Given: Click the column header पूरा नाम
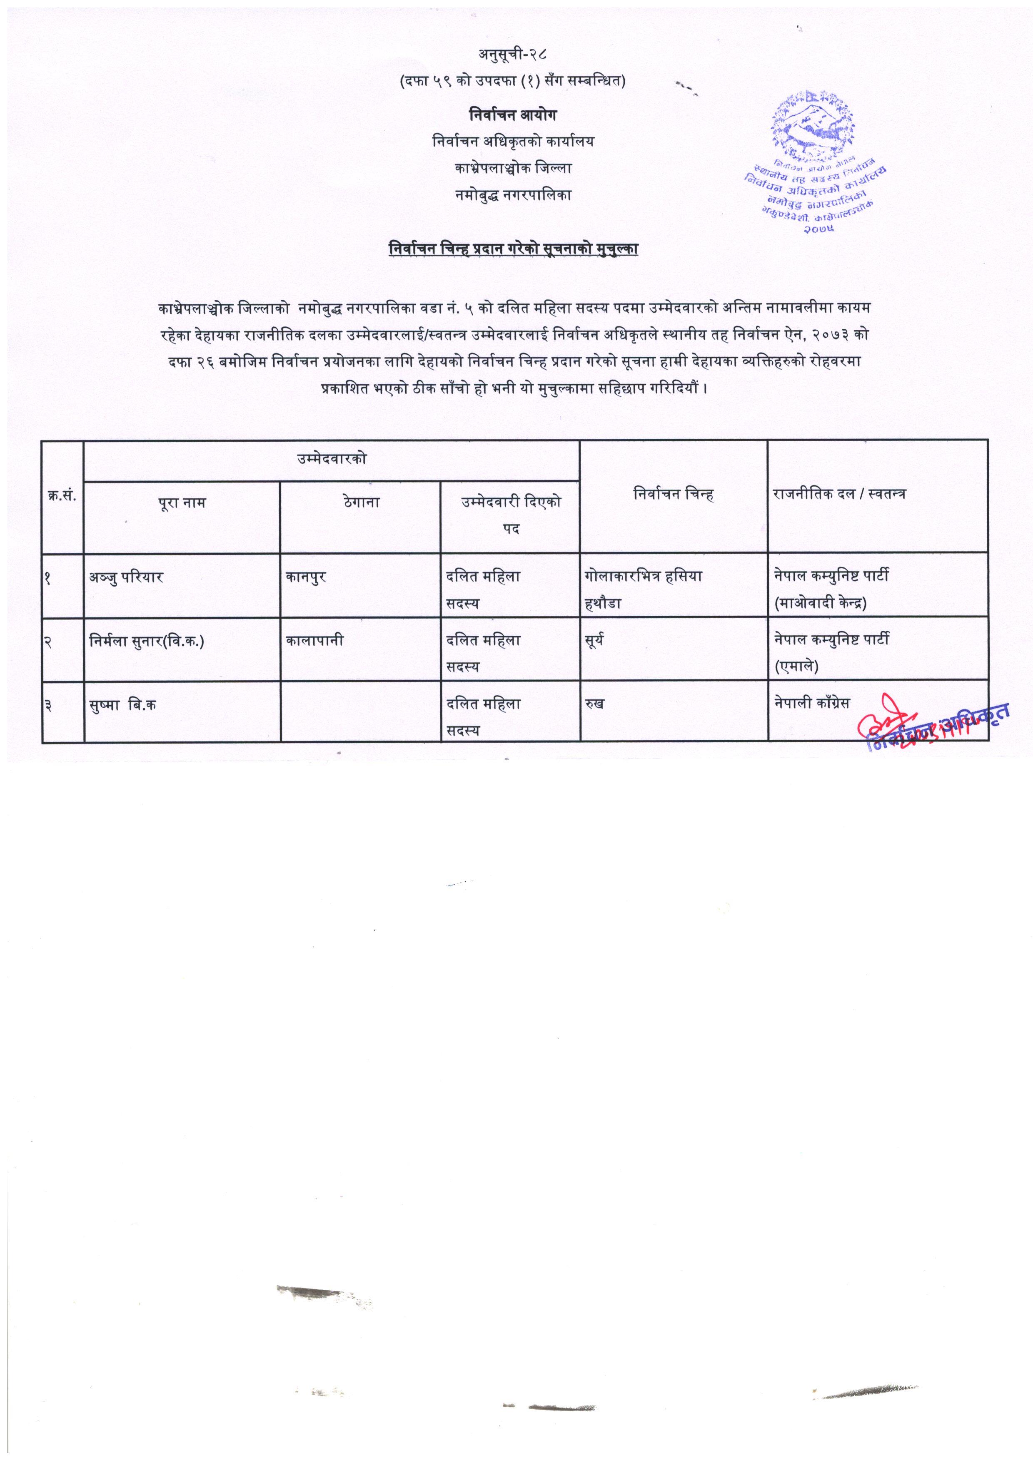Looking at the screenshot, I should pyautogui.click(x=182, y=503).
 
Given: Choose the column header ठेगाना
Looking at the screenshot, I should pyautogui.click(x=360, y=503).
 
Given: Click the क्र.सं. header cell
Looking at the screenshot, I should pyautogui.click(x=62, y=495).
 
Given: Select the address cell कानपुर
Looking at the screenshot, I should pyautogui.click(x=307, y=578).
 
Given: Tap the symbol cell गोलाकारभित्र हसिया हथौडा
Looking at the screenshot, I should pyautogui.click(x=642, y=589).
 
